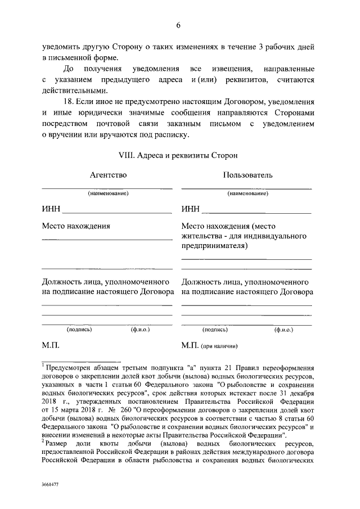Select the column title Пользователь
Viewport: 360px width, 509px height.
[247, 175]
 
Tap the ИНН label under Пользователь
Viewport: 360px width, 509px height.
[191, 210]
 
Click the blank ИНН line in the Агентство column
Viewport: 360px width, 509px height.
[117, 213]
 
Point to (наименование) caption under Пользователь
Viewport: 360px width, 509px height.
[247, 193]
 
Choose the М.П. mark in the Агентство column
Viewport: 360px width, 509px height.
[50, 345]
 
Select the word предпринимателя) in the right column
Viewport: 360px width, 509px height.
[214, 246]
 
